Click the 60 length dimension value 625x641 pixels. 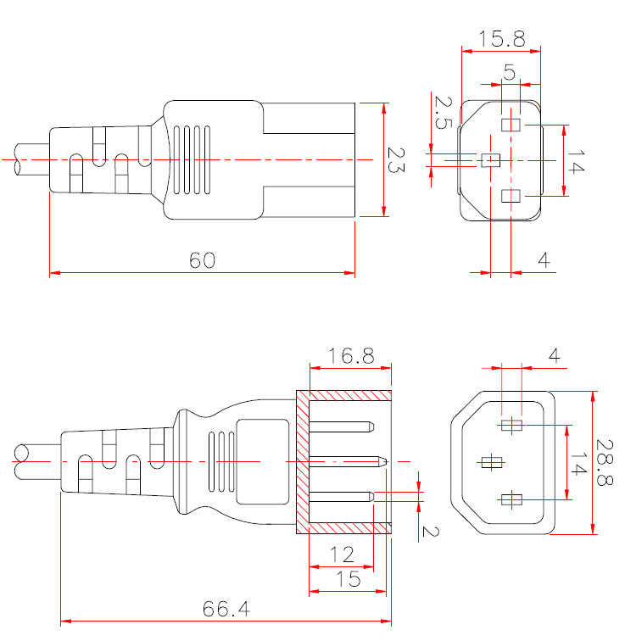click(x=202, y=260)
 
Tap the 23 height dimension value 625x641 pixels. click(x=396, y=159)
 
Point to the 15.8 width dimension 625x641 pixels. click(x=502, y=38)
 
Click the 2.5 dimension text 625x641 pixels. click(x=442, y=112)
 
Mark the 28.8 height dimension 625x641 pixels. click(x=604, y=463)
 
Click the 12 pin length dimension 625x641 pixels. click(x=342, y=555)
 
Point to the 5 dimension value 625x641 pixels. click(x=510, y=73)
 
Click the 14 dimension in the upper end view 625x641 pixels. click(x=576, y=161)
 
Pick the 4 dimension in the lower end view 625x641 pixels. click(x=554, y=355)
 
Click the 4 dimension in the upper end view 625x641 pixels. click(x=544, y=261)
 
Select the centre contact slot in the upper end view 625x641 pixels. click(x=491, y=159)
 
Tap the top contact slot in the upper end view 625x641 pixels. click(x=511, y=125)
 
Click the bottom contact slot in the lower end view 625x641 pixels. click(x=511, y=499)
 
